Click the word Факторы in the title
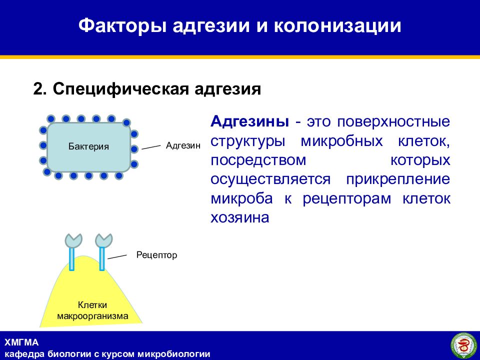pyautogui.click(x=122, y=25)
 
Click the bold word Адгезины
pyautogui.click(x=249, y=122)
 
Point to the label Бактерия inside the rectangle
pyautogui.click(x=88, y=146)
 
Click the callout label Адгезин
pyautogui.click(x=183, y=145)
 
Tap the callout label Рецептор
pyautogui.click(x=156, y=255)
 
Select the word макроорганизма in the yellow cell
pyautogui.click(x=93, y=316)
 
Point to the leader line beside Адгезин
pyautogui.click(x=151, y=147)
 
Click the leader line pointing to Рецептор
pyautogui.click(x=117, y=256)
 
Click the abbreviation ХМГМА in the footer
pyautogui.click(x=21, y=342)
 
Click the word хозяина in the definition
pyautogui.click(x=240, y=217)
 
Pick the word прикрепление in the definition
pyautogui.click(x=398, y=179)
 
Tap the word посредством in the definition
pyautogui.click(x=258, y=160)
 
